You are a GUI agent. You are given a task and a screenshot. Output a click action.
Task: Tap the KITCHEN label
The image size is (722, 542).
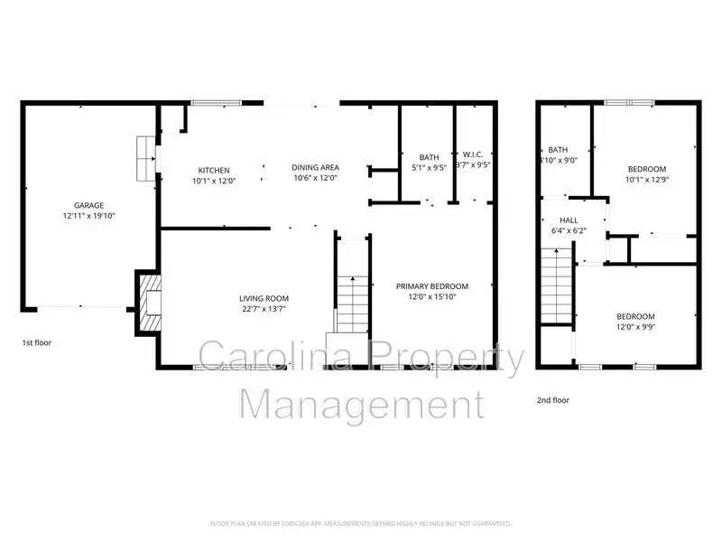pos(214,170)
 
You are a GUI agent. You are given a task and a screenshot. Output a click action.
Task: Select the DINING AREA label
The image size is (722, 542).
pos(315,167)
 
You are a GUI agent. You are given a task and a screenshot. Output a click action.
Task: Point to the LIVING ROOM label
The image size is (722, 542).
pos(264,298)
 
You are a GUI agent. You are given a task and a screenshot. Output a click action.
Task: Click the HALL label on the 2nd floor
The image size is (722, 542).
pos(569,220)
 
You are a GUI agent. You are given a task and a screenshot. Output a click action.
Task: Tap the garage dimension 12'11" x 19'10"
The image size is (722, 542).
pos(89,216)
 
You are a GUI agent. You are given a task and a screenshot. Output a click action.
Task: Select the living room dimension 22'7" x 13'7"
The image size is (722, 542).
pos(264,309)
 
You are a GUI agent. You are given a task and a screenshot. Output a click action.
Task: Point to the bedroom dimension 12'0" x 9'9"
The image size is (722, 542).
pos(635,327)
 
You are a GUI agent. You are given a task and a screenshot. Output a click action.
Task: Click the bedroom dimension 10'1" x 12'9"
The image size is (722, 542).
pos(646,179)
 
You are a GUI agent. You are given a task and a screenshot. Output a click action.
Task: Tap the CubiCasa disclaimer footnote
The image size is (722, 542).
pos(361,523)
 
